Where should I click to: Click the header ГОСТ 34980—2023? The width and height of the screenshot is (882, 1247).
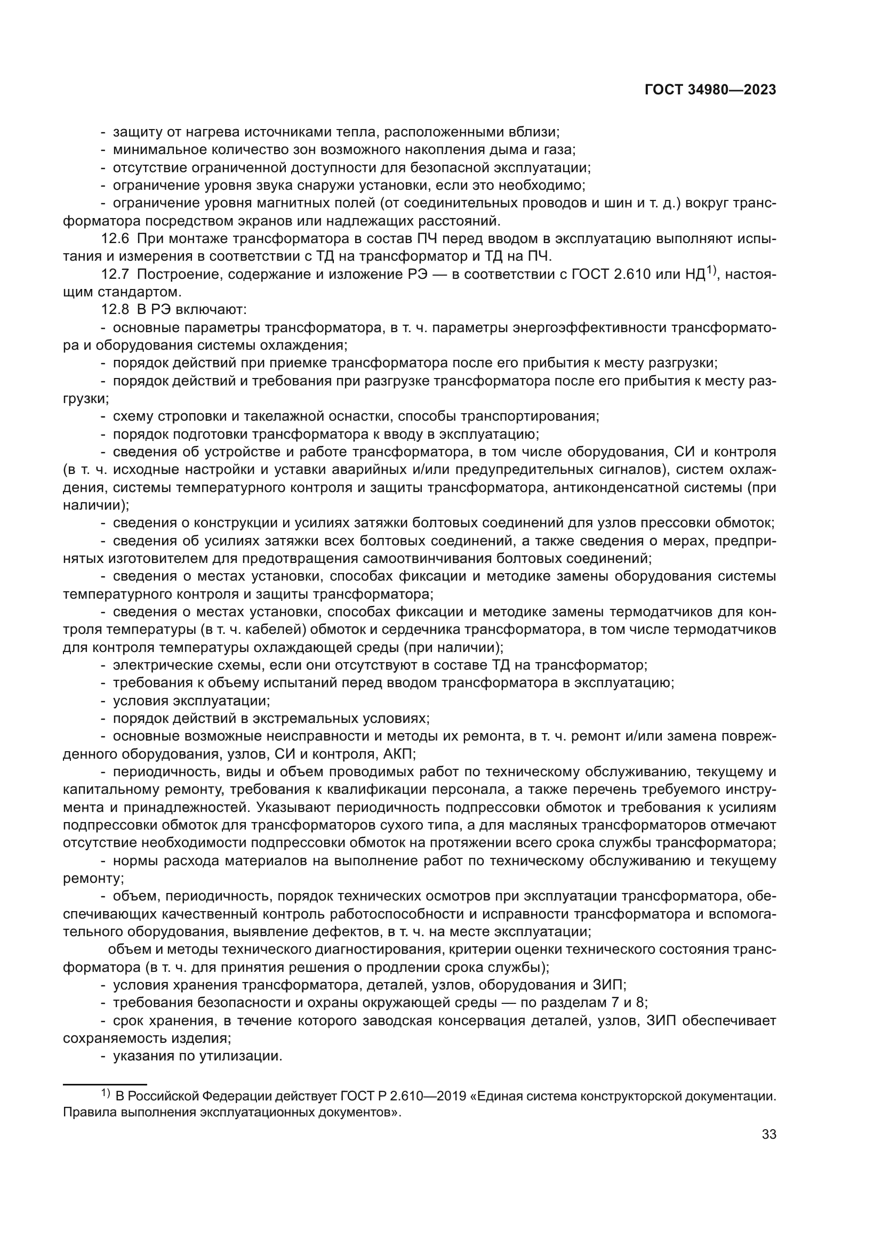[710, 90]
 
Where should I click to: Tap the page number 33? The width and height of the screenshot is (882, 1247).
[768, 1135]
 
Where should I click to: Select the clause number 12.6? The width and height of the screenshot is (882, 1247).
[116, 239]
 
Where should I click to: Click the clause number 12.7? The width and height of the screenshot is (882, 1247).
[116, 274]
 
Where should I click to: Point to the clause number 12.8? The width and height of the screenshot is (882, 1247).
[116, 310]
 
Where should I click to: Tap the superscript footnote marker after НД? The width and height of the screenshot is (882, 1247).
[712, 270]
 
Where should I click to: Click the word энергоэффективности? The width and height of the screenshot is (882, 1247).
[591, 328]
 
